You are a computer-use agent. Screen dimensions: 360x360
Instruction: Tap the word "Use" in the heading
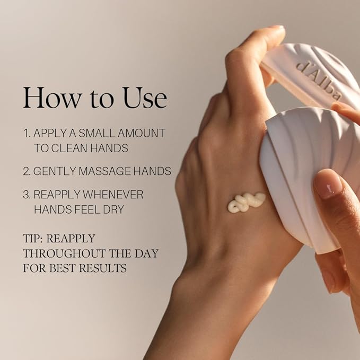(x=145, y=98)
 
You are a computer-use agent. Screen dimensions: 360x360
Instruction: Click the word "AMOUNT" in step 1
(x=142, y=134)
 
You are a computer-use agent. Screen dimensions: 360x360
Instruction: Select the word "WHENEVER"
(x=113, y=195)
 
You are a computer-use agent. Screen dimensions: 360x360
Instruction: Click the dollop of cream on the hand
(x=246, y=203)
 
